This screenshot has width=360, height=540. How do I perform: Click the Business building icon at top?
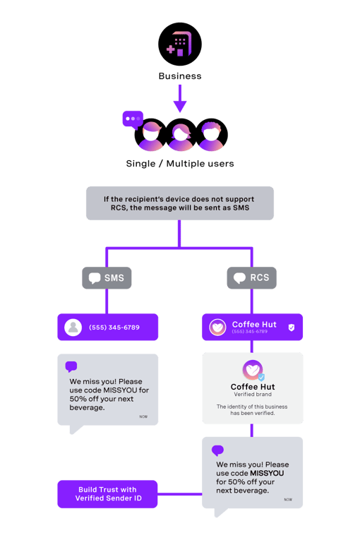(x=179, y=44)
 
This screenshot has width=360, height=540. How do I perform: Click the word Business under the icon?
(x=179, y=76)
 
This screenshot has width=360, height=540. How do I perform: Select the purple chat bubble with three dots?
(x=133, y=118)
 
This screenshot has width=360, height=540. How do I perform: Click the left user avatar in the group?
(x=150, y=136)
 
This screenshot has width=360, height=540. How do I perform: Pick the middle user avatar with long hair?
(x=180, y=136)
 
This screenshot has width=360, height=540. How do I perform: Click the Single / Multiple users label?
(x=180, y=164)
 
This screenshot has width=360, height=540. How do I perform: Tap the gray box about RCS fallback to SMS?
(x=179, y=203)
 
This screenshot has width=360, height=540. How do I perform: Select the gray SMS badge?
(x=107, y=277)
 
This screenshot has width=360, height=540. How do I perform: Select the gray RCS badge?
(x=252, y=277)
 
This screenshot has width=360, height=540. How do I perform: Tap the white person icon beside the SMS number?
(x=73, y=328)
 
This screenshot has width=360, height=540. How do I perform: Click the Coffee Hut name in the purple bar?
(x=254, y=325)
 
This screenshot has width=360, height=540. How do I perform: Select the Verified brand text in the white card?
(x=253, y=395)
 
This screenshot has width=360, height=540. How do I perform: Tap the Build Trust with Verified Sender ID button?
(x=107, y=494)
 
